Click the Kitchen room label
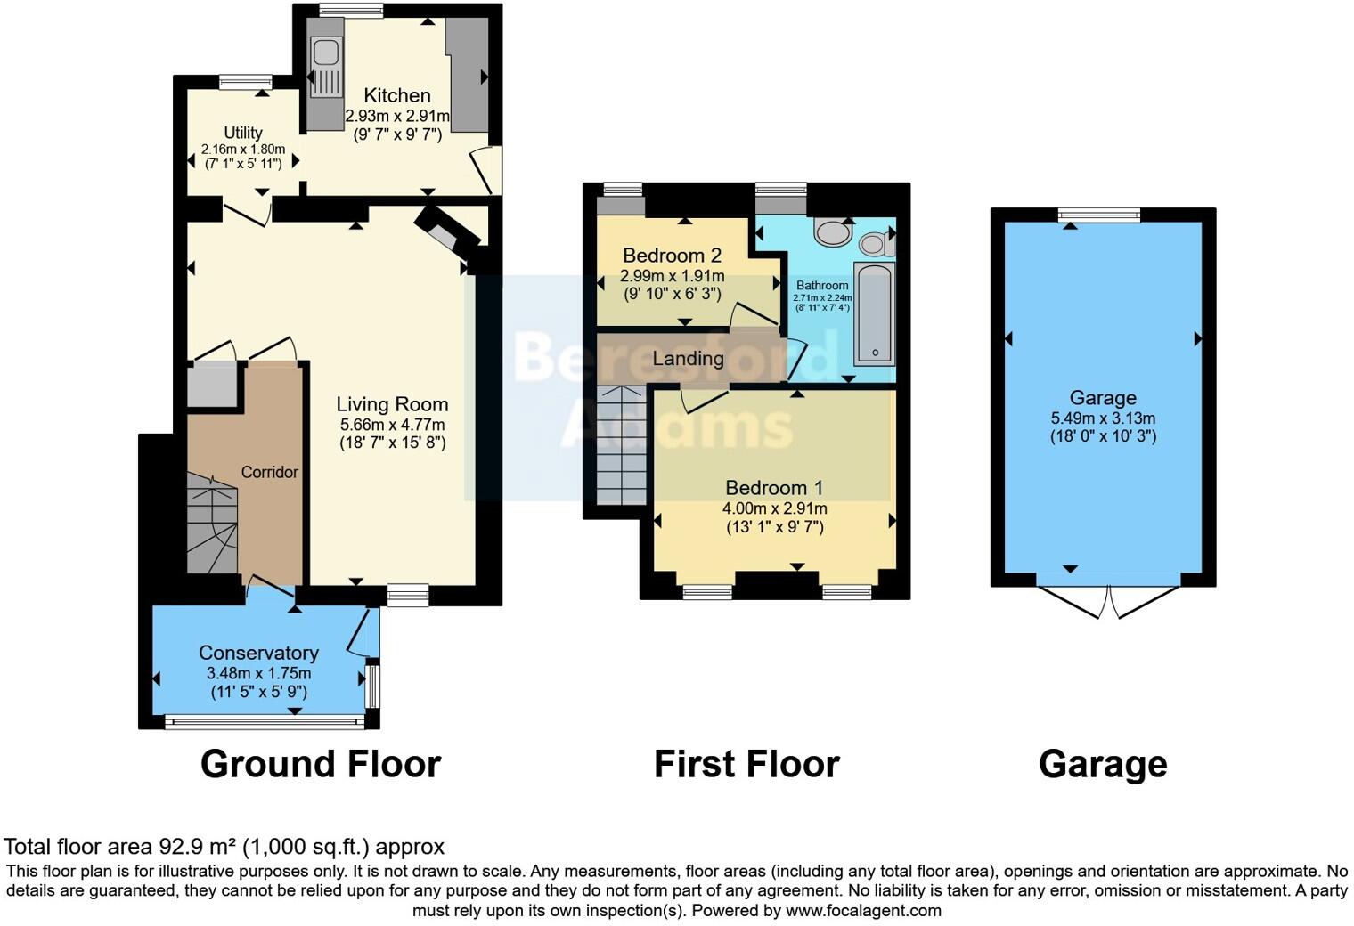397,95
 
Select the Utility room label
243,133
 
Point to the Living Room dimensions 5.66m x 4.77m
392,425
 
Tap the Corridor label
269,472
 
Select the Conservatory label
258,653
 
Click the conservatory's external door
361,633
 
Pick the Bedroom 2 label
672,256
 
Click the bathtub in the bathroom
874,314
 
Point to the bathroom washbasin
833,232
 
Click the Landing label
688,359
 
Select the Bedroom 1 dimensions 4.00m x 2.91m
774,508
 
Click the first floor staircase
621,444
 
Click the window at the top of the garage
1098,215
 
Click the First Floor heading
746,764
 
